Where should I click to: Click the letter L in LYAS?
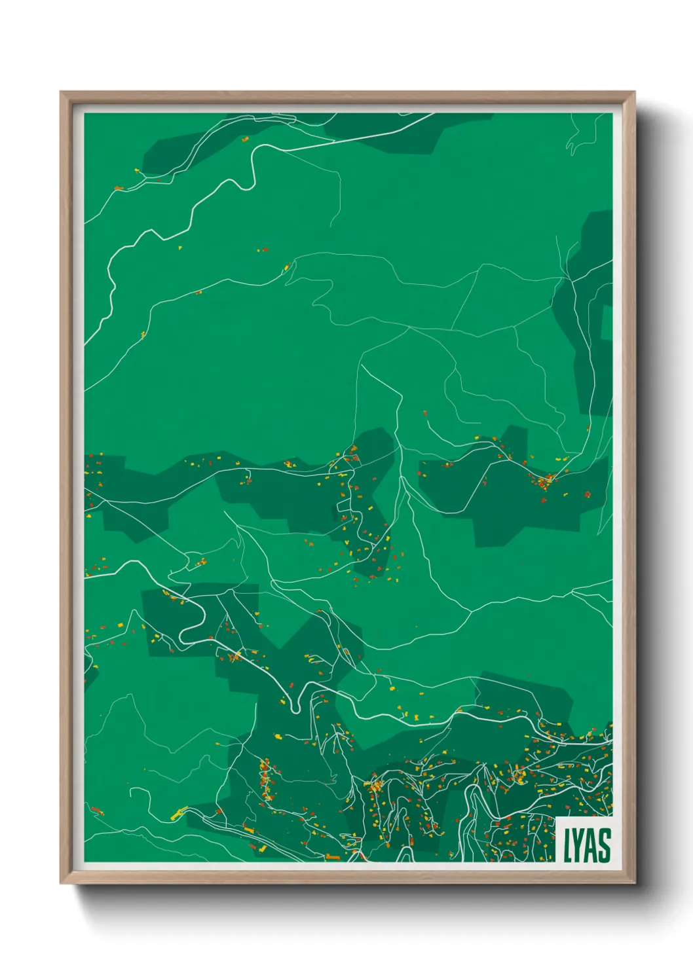point(567,845)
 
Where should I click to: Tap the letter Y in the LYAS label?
point(578,845)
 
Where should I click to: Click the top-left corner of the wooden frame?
point(62,93)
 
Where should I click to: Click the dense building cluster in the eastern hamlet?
point(544,483)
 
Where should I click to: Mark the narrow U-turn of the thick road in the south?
point(294,705)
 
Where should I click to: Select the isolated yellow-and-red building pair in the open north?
point(262,250)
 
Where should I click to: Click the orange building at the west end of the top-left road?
point(119,189)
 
